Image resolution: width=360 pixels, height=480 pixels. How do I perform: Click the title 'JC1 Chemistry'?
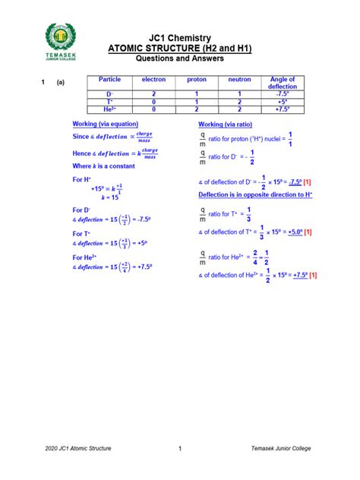pyautogui.click(x=179, y=38)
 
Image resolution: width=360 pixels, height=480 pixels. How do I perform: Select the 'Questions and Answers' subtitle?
pyautogui.click(x=179, y=58)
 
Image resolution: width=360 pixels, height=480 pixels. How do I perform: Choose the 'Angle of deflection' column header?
pyautogui.click(x=283, y=83)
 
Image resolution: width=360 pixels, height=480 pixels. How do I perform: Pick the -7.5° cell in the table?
pyautogui.click(x=283, y=93)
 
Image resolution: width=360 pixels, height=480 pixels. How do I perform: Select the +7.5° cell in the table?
pyautogui.click(x=283, y=108)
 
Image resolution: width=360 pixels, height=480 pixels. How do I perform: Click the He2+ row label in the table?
pyautogui.click(x=109, y=108)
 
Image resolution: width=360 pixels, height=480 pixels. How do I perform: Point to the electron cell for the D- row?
pyautogui.click(x=153, y=93)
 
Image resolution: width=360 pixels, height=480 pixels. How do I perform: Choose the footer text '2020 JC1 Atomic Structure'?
pyautogui.click(x=79, y=449)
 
